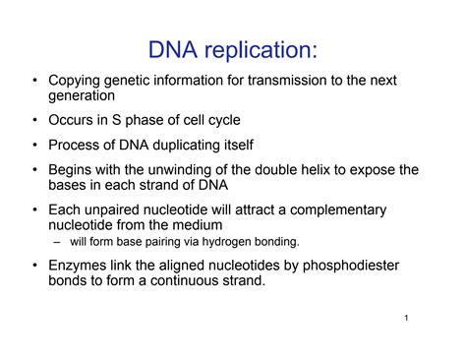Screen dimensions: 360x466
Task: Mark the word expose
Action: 370,171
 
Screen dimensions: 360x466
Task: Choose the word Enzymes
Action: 78,266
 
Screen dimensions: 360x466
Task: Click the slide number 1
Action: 405,321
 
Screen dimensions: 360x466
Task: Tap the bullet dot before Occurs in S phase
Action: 36,122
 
